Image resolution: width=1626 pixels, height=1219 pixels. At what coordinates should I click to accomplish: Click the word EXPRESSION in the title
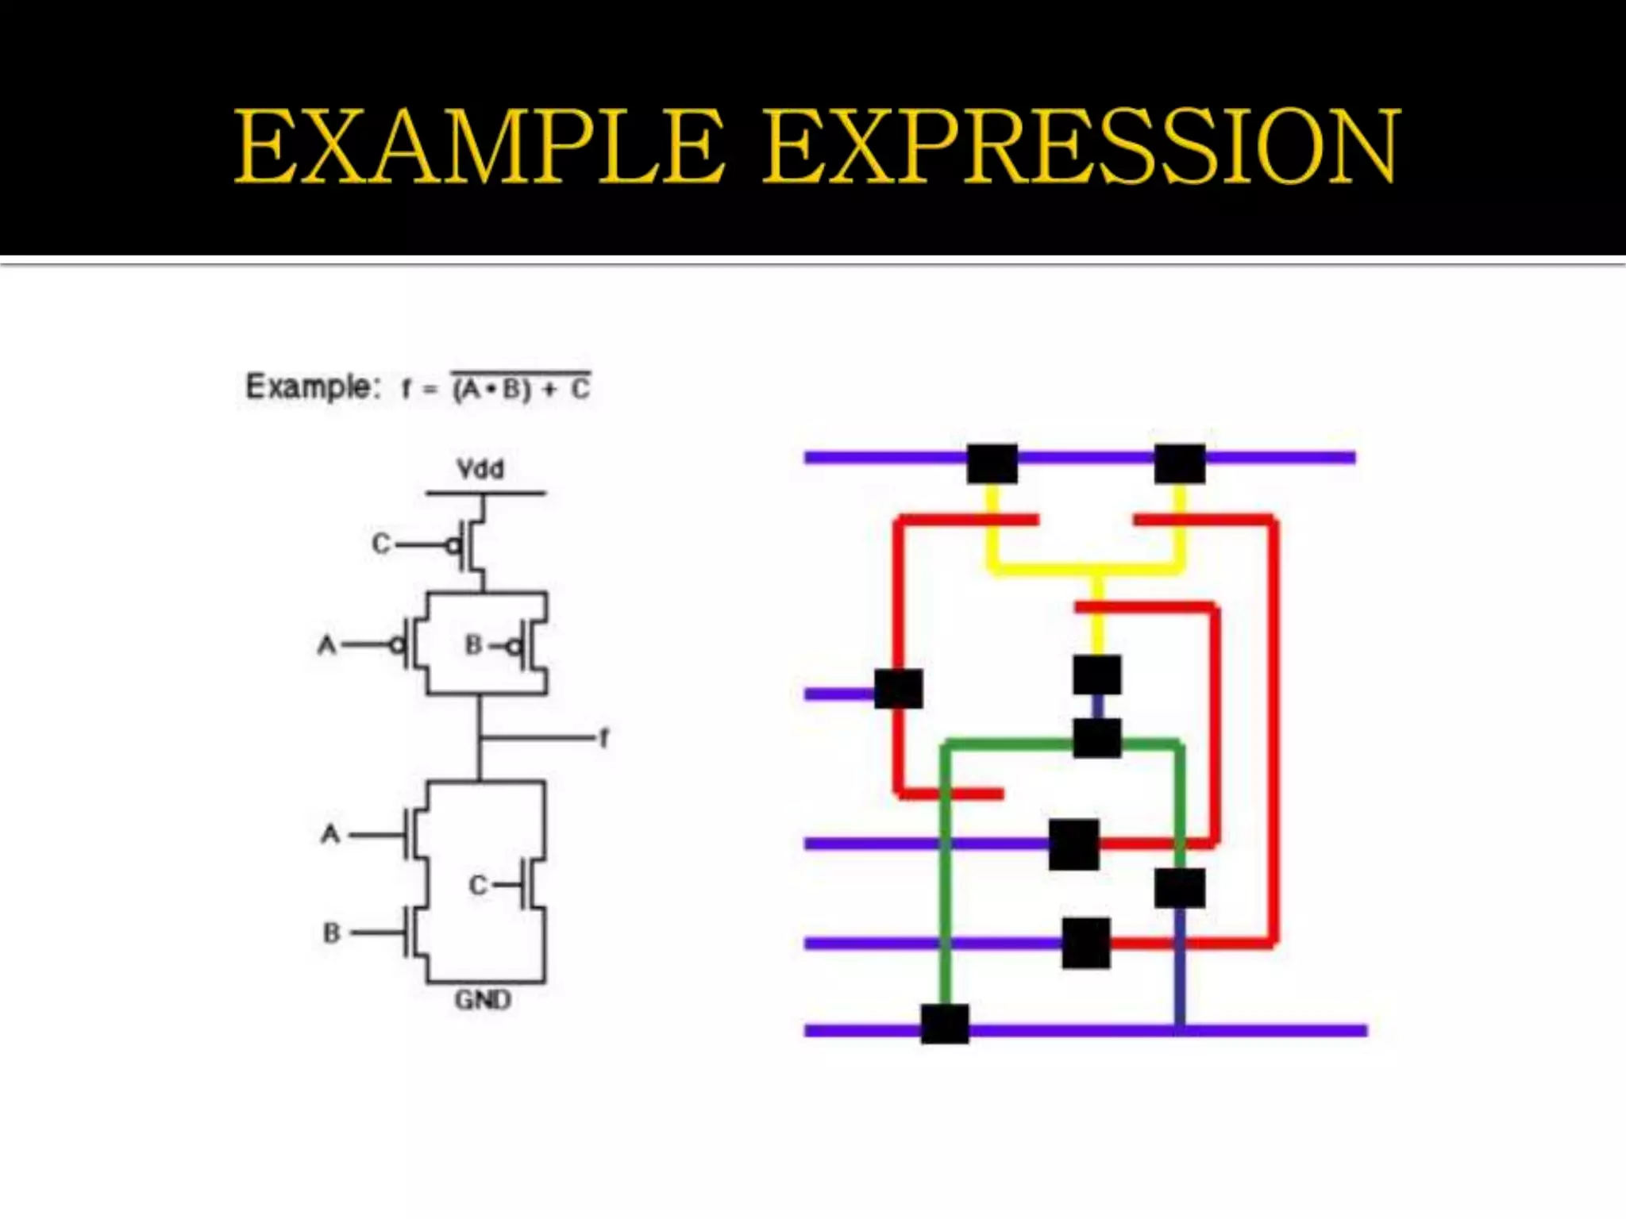pos(1081,147)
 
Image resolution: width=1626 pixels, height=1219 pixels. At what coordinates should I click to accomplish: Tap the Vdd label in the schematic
pos(480,469)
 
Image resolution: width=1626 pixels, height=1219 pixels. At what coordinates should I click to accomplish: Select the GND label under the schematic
pos(483,1000)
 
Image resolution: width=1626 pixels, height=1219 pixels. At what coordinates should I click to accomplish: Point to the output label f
pos(604,739)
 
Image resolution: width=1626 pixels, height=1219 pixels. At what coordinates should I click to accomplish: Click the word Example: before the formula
pos(308,387)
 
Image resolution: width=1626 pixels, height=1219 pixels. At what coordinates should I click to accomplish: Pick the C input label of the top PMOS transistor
pos(381,544)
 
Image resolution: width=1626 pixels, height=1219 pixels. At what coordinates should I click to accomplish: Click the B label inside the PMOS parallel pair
pos(473,645)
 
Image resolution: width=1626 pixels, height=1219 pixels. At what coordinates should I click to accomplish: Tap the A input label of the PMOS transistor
pos(326,645)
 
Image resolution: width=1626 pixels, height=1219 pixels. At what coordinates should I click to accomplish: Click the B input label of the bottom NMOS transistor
pos(332,933)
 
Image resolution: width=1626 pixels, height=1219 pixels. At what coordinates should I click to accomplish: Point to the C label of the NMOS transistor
pos(477,885)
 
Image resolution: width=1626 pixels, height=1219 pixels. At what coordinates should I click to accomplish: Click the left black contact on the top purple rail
pos(992,463)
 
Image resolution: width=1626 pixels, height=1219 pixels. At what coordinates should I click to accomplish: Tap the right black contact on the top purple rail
pos(1180,463)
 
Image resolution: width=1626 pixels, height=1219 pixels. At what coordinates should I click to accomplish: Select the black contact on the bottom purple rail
pos(945,1024)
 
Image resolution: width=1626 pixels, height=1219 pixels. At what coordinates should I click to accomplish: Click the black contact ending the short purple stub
pos(899,688)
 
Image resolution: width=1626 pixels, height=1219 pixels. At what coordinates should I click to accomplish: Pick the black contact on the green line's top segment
pos(1097,738)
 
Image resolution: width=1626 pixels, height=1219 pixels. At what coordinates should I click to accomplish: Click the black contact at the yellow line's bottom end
pos(1097,675)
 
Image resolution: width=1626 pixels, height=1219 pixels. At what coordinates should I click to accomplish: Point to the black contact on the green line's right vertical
pos(1180,888)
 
